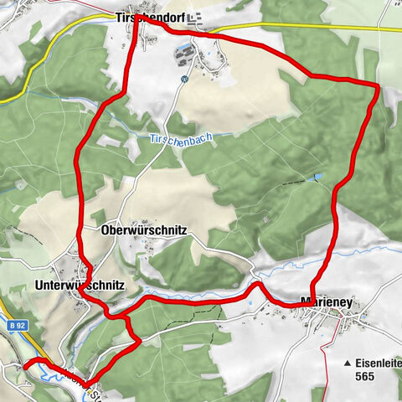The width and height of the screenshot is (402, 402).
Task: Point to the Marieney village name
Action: tap(325, 302)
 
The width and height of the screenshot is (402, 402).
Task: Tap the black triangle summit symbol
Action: tap(347, 363)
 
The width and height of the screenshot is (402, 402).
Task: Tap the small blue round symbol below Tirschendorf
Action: tap(183, 80)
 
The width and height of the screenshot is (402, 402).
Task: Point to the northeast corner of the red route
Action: tap(378, 85)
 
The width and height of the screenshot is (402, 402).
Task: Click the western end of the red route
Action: tap(25, 364)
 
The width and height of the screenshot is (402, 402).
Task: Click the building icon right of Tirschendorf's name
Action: tap(195, 17)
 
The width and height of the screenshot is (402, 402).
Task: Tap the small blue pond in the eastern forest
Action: tap(317, 176)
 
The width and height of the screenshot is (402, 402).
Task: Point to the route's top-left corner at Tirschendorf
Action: tap(136, 17)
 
